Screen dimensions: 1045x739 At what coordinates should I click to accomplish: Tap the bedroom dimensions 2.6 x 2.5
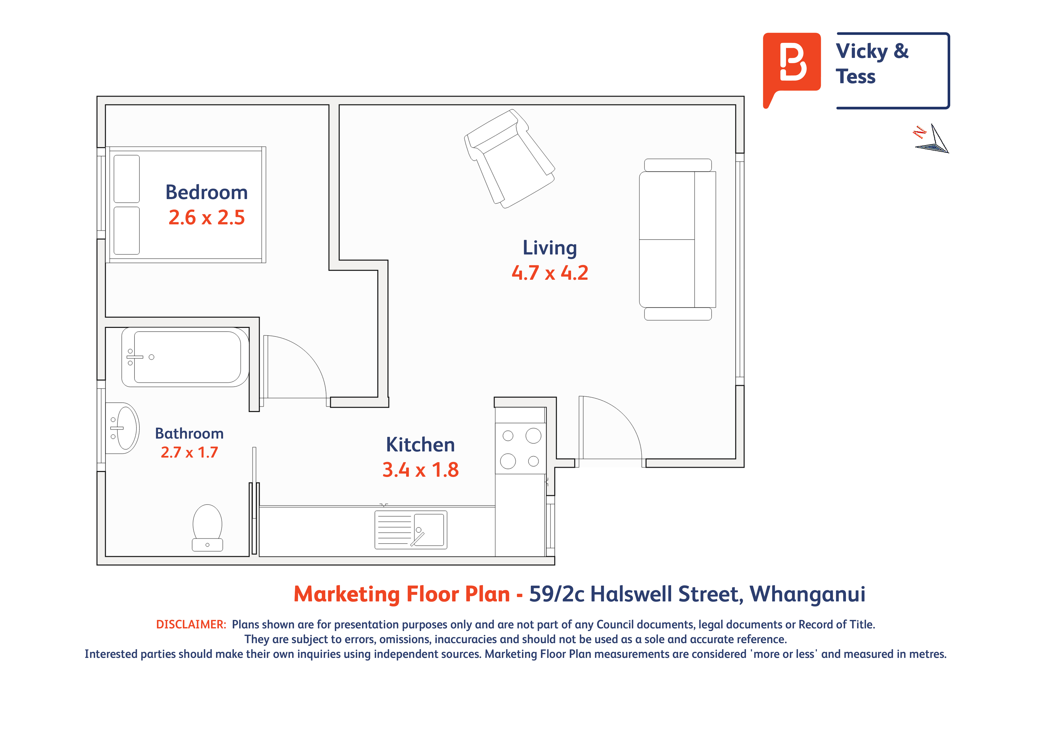(207, 218)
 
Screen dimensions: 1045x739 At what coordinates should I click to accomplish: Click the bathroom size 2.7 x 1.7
(189, 452)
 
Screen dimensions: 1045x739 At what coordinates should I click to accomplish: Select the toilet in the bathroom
(207, 528)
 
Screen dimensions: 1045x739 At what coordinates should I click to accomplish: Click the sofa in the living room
(677, 239)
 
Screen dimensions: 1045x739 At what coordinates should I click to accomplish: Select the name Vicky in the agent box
(862, 51)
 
